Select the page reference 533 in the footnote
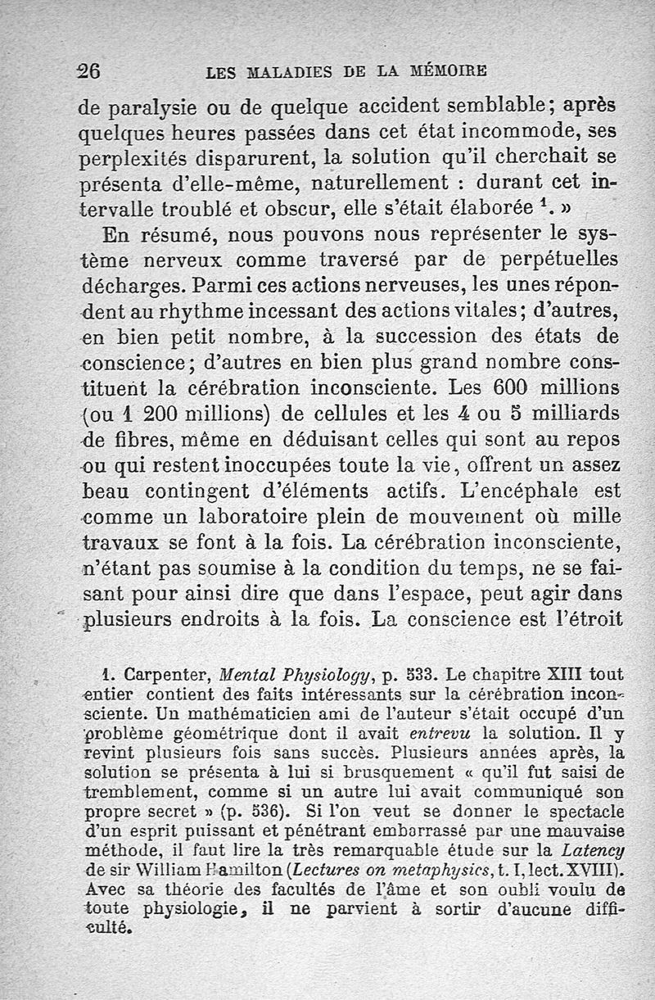(420, 676)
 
